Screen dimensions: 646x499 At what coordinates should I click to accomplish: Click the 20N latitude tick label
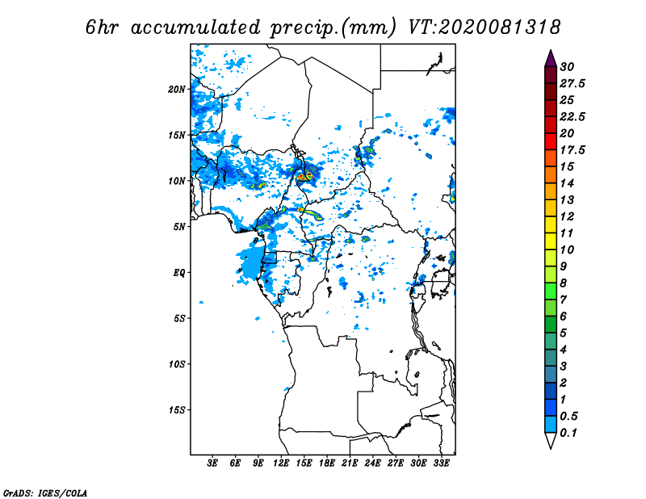pos(177,90)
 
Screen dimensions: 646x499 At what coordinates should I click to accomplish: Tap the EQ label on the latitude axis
pos(179,273)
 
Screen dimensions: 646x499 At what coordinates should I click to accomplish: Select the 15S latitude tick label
pos(177,410)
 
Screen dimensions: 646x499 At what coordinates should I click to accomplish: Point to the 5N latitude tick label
pos(179,227)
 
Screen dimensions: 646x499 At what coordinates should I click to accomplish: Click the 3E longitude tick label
pos(212,463)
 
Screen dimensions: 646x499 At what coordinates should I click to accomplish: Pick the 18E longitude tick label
pos(327,463)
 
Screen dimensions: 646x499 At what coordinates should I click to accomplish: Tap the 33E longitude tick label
pos(441,463)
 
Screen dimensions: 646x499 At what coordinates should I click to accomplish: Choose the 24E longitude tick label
pos(372,463)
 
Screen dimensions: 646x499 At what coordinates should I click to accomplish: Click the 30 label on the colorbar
pos(567,67)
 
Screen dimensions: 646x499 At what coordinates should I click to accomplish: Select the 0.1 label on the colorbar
pos(568,433)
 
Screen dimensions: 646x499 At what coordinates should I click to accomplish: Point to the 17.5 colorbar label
pos(573,150)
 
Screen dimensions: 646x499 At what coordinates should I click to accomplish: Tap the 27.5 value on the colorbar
pos(573,84)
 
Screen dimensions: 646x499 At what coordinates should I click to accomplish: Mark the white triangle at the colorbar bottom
pos(551,440)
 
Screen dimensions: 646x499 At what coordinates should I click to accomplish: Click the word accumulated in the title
pos(195,27)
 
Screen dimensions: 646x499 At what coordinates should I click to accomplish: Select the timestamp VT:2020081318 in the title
pos(484,27)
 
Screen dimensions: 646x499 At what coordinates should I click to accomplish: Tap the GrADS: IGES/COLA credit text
pos(45,493)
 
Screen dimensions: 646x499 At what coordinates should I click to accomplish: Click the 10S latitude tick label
pos(177,365)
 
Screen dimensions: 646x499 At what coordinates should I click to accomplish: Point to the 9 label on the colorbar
pos(563,266)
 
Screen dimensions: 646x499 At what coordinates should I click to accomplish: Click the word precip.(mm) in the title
pos(333,28)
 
